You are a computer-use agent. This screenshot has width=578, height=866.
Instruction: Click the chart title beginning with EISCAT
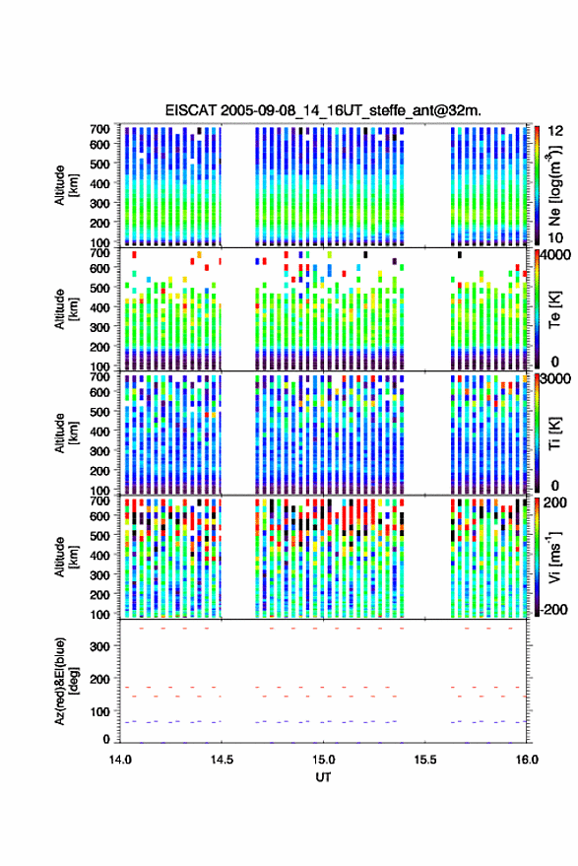tap(323, 110)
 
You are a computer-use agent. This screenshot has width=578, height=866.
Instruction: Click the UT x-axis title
tap(323, 777)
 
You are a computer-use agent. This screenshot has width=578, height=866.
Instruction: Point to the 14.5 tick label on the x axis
tap(222, 760)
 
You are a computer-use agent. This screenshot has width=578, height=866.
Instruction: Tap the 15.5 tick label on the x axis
tap(424, 760)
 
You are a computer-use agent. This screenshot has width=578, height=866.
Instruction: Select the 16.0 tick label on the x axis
tap(527, 760)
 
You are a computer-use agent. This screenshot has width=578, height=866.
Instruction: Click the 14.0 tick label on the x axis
tap(120, 760)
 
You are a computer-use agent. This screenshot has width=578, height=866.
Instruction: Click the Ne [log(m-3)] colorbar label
tap(554, 185)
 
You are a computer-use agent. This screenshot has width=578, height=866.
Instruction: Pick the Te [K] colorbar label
tap(554, 308)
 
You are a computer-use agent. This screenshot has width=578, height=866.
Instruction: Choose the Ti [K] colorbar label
tap(554, 433)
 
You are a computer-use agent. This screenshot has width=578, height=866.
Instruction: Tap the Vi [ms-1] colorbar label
tap(554, 557)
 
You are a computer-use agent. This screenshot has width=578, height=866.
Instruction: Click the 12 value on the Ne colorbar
tap(556, 131)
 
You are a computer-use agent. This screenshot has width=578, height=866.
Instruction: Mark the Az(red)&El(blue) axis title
tap(65, 682)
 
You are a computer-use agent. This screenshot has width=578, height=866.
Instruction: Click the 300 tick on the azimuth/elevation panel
tap(99, 646)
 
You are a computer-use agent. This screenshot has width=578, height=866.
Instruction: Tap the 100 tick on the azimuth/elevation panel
tap(99, 711)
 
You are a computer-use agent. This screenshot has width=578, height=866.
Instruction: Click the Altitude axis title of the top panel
tap(65, 185)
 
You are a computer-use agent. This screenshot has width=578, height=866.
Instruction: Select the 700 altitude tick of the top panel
tap(99, 129)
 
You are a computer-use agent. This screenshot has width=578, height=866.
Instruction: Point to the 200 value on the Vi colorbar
tap(554, 502)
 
